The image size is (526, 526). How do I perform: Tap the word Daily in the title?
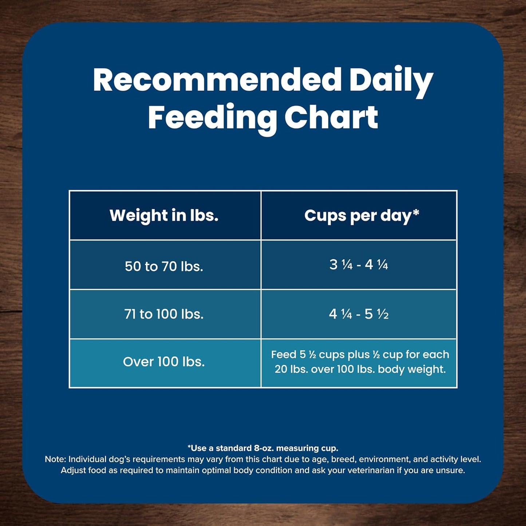(x=391, y=81)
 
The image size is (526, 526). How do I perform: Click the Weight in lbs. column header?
(x=164, y=215)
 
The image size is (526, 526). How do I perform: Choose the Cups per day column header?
(x=359, y=215)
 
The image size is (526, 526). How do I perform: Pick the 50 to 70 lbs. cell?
(x=164, y=266)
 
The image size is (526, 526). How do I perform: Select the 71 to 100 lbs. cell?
(x=164, y=314)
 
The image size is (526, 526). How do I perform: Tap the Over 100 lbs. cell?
(x=164, y=361)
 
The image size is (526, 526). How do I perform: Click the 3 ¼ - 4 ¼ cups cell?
(x=359, y=265)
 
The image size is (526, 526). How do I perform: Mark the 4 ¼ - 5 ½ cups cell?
(x=359, y=314)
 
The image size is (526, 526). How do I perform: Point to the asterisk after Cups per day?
(x=416, y=212)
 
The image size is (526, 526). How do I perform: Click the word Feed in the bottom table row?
(x=284, y=355)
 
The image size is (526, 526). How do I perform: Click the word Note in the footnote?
(x=55, y=459)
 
